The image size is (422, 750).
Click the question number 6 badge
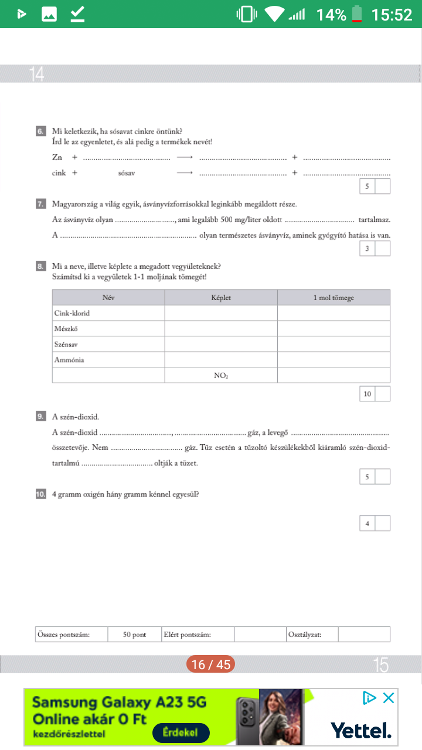(x=40, y=132)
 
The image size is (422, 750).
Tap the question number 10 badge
(x=40, y=494)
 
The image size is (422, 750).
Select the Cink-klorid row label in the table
(x=72, y=313)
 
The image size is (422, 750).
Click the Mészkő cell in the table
(x=67, y=329)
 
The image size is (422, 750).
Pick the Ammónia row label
(x=69, y=360)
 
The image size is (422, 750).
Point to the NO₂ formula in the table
(x=221, y=376)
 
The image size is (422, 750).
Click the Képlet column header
(x=221, y=298)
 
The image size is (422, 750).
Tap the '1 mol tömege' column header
(x=333, y=298)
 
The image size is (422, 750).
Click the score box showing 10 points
(x=367, y=394)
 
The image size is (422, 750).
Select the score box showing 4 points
(x=367, y=523)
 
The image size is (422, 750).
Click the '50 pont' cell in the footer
(x=135, y=635)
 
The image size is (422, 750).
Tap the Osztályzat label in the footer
(x=305, y=635)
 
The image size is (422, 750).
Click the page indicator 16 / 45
(x=211, y=664)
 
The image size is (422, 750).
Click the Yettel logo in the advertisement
(x=361, y=730)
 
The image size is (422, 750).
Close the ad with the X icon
(x=388, y=698)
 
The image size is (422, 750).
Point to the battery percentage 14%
(x=331, y=15)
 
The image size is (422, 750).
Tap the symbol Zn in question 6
(x=57, y=158)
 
